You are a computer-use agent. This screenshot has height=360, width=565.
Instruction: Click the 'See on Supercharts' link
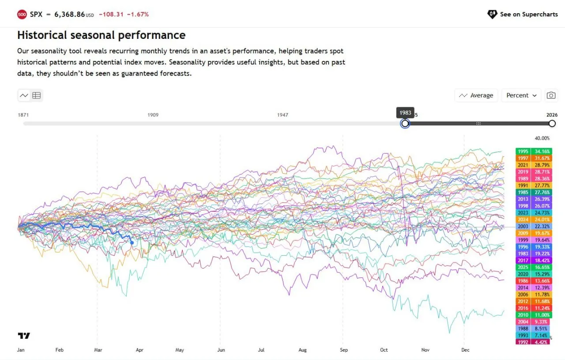(x=523, y=14)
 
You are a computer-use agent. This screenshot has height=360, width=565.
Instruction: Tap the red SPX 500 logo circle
(x=22, y=15)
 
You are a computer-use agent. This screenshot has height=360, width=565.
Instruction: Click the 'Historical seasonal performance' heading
(x=101, y=35)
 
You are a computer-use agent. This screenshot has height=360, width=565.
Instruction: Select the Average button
(x=476, y=95)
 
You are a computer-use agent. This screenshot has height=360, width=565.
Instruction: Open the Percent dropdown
(x=521, y=95)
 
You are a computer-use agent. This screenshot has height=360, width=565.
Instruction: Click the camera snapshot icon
(x=551, y=95)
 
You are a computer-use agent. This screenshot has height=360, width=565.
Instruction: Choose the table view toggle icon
(x=37, y=95)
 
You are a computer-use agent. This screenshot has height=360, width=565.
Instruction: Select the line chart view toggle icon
(x=24, y=95)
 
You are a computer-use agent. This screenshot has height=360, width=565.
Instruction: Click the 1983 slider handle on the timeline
(x=405, y=124)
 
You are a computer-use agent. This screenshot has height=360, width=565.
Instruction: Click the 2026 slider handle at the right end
(x=552, y=124)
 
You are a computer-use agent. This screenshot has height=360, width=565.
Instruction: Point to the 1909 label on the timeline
(x=153, y=115)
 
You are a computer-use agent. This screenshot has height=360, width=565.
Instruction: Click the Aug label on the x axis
(x=302, y=350)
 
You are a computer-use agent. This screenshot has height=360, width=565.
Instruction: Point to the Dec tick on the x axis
(x=465, y=350)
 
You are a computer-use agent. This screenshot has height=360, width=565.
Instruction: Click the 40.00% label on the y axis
(x=542, y=138)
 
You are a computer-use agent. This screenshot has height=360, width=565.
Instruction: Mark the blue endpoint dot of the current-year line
(x=132, y=243)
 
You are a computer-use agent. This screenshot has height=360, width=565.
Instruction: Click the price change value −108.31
(x=112, y=15)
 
